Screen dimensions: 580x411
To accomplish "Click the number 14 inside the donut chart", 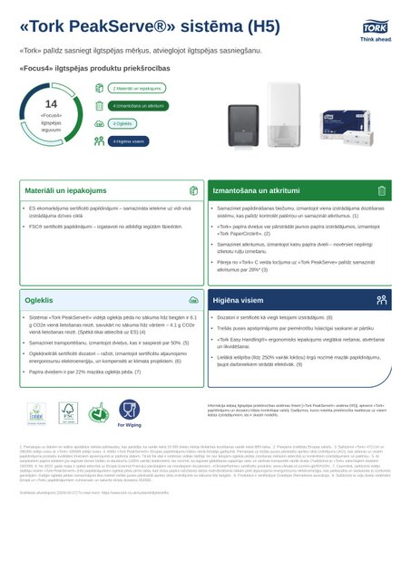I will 51,104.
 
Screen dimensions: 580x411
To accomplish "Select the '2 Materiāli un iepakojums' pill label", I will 137,89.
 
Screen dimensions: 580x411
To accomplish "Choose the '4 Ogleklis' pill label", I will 123,123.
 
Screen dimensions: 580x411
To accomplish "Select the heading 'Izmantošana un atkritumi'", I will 256,191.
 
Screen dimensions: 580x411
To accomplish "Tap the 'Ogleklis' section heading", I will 40,297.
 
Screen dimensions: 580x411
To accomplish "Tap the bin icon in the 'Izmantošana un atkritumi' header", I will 382,191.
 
